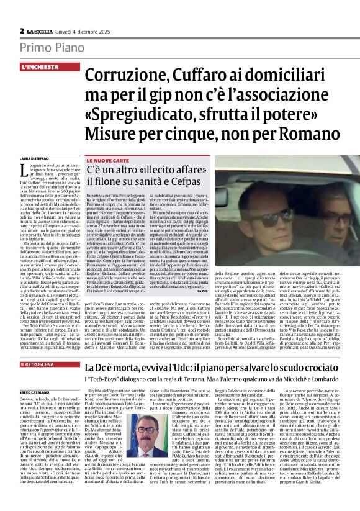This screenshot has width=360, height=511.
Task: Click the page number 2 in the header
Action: (22, 30)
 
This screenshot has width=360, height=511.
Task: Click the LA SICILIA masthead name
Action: (43, 30)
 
